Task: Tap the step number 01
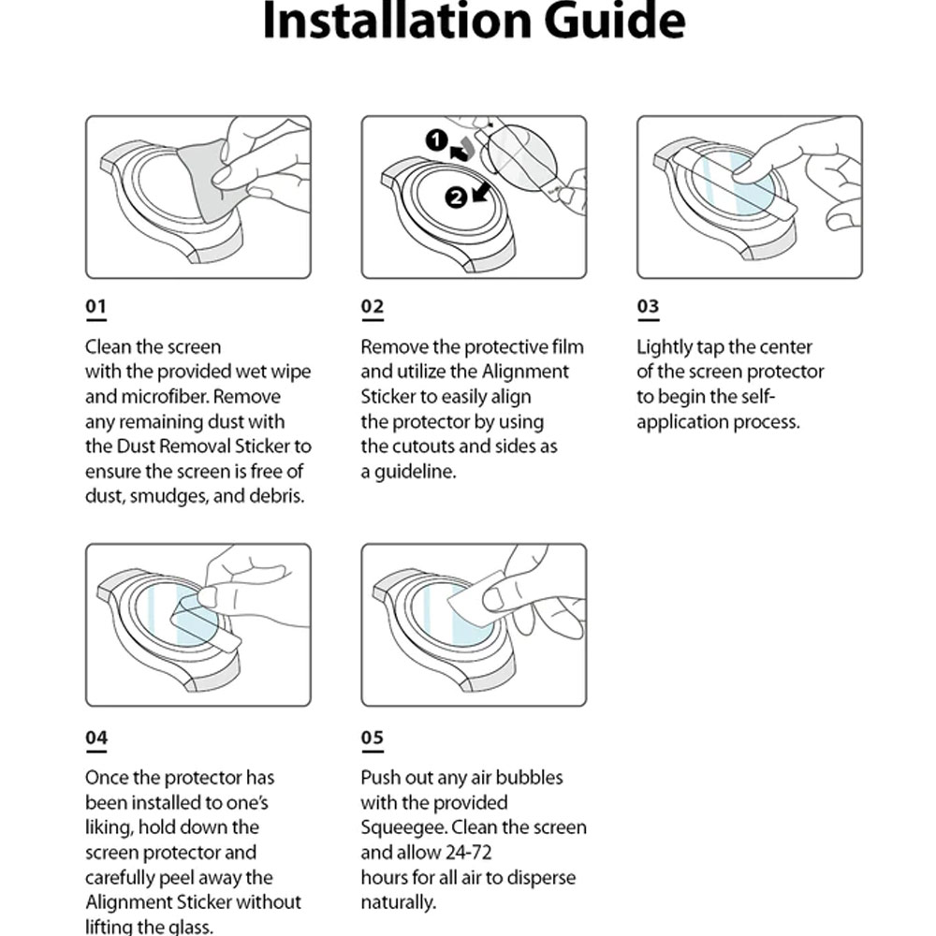pyautogui.click(x=96, y=307)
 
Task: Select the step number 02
pyautogui.click(x=373, y=307)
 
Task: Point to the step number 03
pyautogui.click(x=648, y=307)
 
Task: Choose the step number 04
pyautogui.click(x=96, y=738)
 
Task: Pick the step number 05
pyautogui.click(x=373, y=738)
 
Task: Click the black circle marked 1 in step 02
pyautogui.click(x=436, y=141)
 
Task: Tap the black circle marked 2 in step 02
pyautogui.click(x=456, y=197)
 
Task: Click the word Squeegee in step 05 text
pyautogui.click(x=400, y=828)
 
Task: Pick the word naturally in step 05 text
pyautogui.click(x=398, y=903)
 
